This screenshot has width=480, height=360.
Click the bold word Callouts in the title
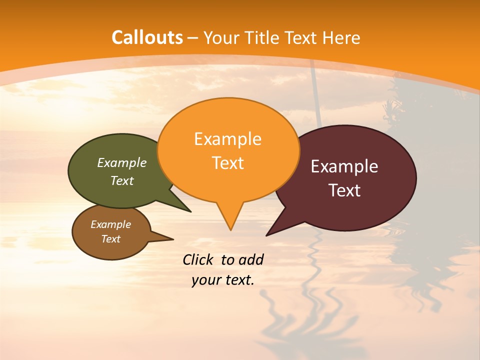coord(147,37)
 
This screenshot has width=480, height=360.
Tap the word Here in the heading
coord(341,38)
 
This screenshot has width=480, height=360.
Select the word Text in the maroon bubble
coord(344,190)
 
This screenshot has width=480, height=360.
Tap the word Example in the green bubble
coord(121,162)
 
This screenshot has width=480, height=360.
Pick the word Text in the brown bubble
coord(111,239)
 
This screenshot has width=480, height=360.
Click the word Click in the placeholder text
coord(198,259)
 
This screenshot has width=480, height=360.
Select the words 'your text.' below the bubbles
coord(223,280)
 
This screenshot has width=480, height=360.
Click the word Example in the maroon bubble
coord(344,166)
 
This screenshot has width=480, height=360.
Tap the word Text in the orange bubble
coord(228,163)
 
